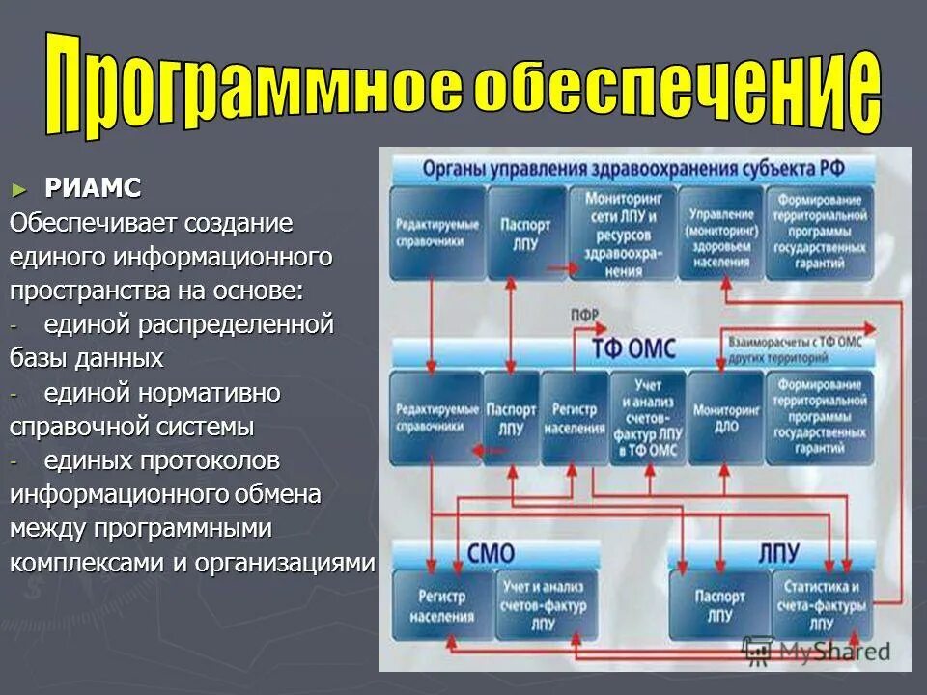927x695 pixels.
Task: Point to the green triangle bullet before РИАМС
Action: tap(18, 187)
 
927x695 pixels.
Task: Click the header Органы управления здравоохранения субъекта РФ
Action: tap(633, 169)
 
